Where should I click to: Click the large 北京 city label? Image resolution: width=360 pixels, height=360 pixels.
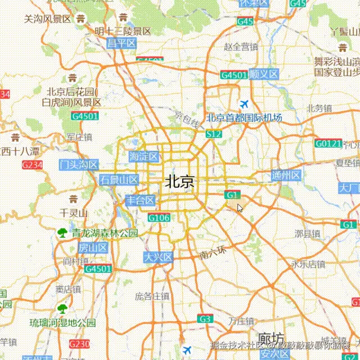coord(180,182)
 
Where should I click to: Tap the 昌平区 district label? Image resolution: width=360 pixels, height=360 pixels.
coord(122,43)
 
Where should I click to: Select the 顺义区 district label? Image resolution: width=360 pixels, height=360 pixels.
coord(264,74)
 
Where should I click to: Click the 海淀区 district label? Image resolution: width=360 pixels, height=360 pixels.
coord(144,156)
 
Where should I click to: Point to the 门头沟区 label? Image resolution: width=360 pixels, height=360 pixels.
coord(79,165)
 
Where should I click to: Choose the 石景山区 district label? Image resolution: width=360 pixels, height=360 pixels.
coord(119,180)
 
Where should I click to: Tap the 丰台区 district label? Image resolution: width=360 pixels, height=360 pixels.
coord(140,200)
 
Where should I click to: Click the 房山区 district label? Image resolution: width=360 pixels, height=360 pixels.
coord(93,248)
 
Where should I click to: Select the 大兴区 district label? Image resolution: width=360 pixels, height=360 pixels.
coord(158,257)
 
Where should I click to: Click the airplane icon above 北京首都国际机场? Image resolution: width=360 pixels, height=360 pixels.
coord(244,104)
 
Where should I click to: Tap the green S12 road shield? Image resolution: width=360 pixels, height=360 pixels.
coord(214,134)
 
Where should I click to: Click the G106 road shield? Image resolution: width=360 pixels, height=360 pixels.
coord(159,218)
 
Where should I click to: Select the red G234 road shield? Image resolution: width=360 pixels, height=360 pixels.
coord(32,165)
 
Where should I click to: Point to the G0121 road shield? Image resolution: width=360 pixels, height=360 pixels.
coord(328,144)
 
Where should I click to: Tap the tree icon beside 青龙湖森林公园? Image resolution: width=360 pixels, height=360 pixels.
coord(62,232)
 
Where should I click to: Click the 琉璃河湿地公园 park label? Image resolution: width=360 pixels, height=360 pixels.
coord(63,323)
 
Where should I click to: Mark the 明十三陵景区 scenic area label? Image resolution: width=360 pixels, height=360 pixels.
coord(123,31)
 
